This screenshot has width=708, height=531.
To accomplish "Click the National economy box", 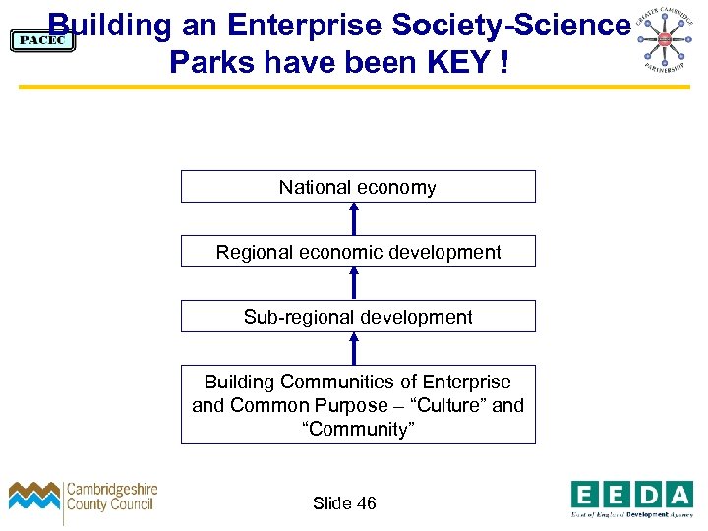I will click(358, 187).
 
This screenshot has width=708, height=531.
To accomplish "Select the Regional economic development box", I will click(358, 252).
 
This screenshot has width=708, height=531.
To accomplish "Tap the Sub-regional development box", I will click(358, 317).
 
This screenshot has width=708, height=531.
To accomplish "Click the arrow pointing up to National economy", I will click(355, 218).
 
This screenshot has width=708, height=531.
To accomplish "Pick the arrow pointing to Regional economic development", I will click(355, 283).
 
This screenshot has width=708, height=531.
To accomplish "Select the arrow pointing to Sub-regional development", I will click(355, 348).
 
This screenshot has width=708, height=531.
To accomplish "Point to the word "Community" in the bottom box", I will click(358, 429).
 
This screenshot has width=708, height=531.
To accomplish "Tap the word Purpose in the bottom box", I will click(351, 405).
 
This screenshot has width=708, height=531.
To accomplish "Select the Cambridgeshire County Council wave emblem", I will click(35, 496).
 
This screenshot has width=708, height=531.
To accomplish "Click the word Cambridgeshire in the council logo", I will click(111, 490).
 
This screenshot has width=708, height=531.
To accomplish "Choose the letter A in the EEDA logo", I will click(678, 494).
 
